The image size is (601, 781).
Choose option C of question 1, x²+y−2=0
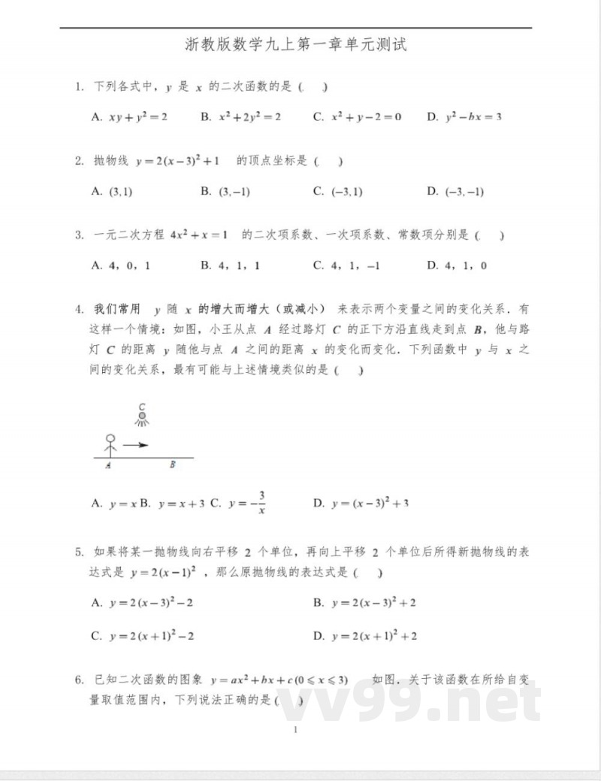358,117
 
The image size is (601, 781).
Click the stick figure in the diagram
110,445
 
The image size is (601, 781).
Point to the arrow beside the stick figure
135,445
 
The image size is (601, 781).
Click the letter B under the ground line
172,465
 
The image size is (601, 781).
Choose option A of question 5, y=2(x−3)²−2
143,603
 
